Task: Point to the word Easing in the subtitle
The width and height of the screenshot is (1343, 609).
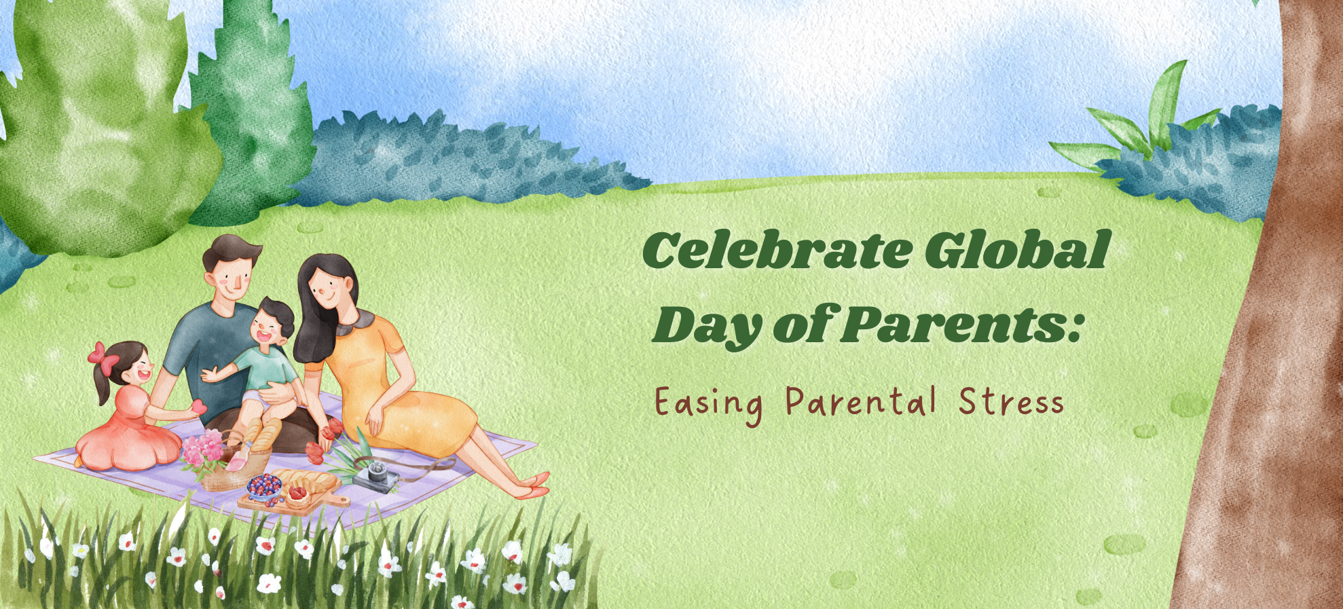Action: coord(708,404)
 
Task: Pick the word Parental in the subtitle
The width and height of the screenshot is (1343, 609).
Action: coord(861,402)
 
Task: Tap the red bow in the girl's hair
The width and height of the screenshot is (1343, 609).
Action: coord(102,356)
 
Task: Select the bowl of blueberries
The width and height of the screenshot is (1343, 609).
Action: coord(264,486)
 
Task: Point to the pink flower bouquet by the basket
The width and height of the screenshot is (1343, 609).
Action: coord(204,449)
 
